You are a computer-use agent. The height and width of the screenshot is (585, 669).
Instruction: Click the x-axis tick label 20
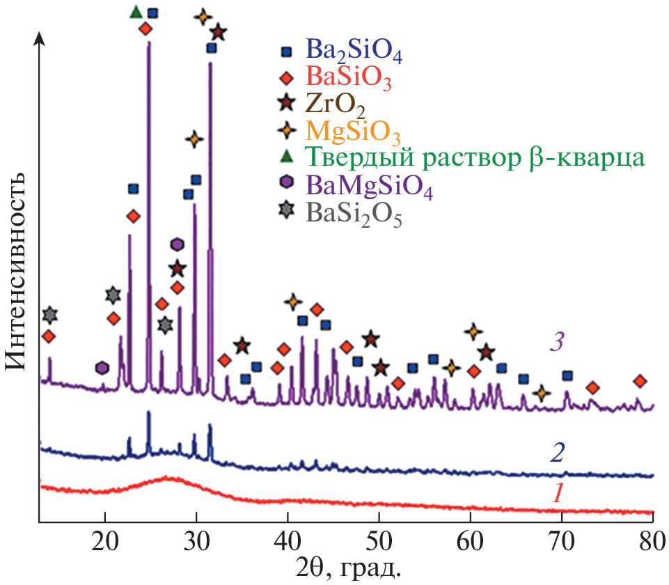104,543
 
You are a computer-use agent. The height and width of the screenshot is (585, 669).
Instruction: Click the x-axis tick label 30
196,543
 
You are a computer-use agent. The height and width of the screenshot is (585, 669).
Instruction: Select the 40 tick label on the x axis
288,543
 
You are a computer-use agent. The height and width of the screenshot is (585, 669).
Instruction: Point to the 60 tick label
471,543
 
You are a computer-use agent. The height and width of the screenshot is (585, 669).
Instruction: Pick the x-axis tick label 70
562,543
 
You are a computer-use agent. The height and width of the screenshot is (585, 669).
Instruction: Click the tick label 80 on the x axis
652,543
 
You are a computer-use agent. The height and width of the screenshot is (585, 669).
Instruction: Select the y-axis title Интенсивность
19,272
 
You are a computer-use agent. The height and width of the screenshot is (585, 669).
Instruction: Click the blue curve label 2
558,453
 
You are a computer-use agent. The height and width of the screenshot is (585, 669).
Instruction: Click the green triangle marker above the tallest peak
136,12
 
